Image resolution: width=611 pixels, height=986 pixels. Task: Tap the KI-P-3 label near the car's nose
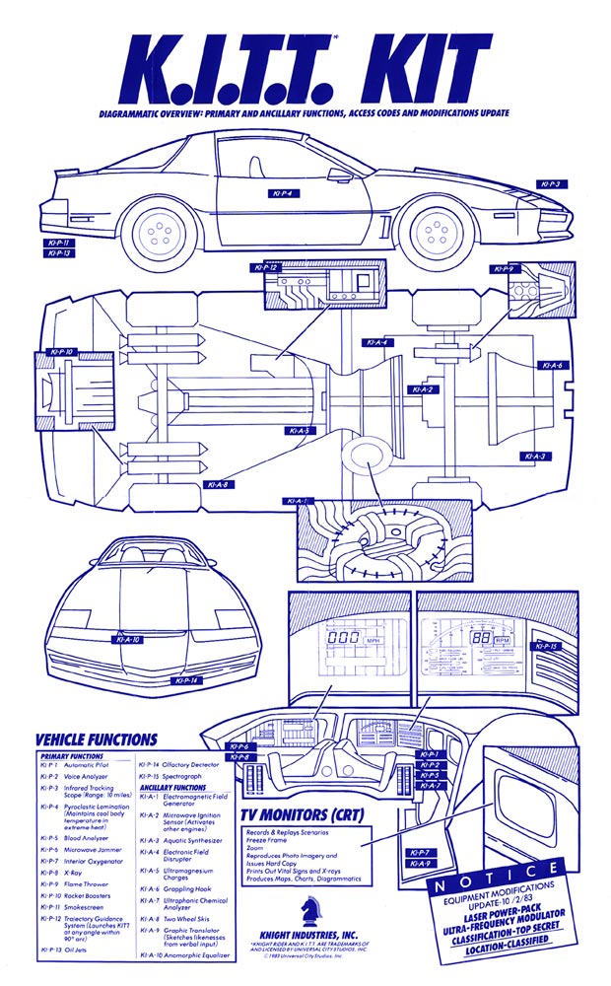coord(549,184)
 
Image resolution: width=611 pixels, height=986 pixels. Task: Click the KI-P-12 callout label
coord(266,267)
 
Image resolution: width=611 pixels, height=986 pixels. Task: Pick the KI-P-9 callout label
coord(503,268)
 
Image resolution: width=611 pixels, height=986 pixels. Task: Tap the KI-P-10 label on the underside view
coord(60,351)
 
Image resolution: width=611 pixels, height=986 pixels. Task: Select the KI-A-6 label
coord(553,366)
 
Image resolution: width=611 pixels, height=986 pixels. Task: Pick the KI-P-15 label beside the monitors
coord(547,647)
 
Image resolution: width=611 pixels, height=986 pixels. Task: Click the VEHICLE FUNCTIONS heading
coord(97,739)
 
